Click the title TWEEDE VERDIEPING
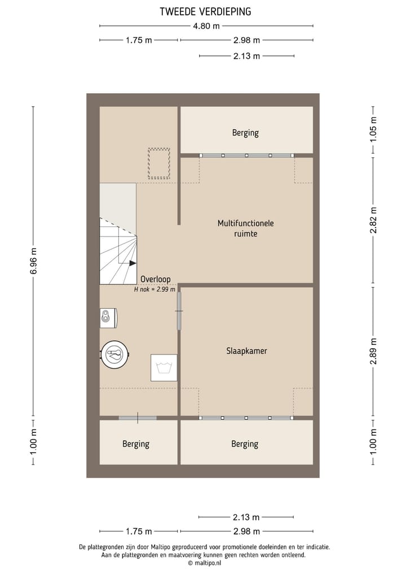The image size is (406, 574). pos(205,11)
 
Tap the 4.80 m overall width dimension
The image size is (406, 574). pos(206,25)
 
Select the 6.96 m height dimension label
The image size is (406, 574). pos(33,261)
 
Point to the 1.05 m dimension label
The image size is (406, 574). pos(373,129)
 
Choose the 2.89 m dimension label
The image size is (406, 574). pos(373,351)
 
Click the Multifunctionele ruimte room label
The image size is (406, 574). pos(245,228)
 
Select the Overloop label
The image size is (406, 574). pos(155,279)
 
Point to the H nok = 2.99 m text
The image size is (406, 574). pos(155,289)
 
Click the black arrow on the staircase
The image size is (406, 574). pos(132,262)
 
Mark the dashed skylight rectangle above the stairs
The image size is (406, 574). pos(158,163)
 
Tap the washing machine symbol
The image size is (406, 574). pos(164,367)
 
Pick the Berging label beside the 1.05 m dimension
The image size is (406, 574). pos(245,133)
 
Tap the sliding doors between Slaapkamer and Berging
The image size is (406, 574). pos(246,418)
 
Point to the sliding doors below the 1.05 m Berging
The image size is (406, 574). pos(246,155)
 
